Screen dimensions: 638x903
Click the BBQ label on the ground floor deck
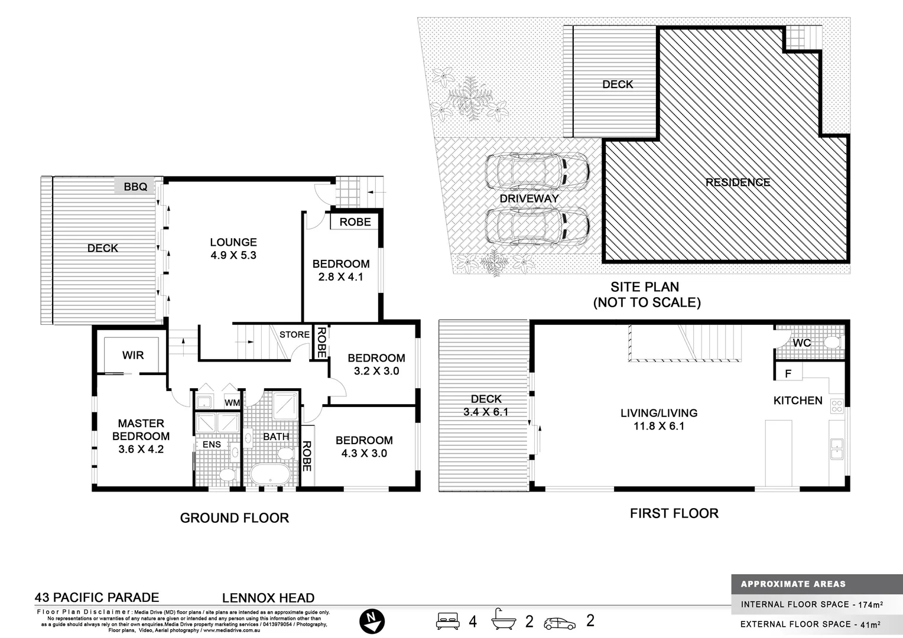click(x=135, y=187)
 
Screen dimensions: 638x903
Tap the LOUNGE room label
click(x=233, y=242)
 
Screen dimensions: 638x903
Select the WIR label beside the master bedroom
click(x=133, y=355)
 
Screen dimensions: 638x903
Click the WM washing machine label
click(x=232, y=403)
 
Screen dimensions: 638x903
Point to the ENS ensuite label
click(x=212, y=445)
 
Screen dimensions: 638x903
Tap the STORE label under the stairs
click(x=294, y=334)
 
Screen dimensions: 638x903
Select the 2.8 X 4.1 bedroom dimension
click(x=340, y=276)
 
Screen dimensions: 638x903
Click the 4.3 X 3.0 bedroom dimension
click(x=364, y=453)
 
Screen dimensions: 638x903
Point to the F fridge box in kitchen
click(x=788, y=373)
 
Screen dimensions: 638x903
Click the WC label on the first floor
click(x=801, y=343)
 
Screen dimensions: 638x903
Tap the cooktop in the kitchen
click(x=836, y=405)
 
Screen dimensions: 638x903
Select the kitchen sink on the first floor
click(x=836, y=448)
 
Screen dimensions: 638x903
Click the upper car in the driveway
click(x=537, y=172)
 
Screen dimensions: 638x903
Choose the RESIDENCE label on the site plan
click(x=738, y=183)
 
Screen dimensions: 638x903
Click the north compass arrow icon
click(x=372, y=621)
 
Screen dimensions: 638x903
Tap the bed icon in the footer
click(x=448, y=621)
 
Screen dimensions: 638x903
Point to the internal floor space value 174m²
click(x=871, y=604)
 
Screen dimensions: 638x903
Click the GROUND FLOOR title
click(x=235, y=518)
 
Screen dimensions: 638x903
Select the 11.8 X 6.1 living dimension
click(x=658, y=426)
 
